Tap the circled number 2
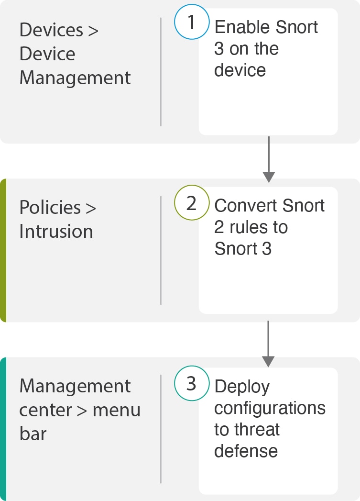coord(192,203)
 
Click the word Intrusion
coord(56,232)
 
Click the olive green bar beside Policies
coord(3,250)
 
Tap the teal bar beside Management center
coord(3,429)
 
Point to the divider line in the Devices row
coord(161,72)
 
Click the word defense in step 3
coord(246,451)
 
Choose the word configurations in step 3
coord(270,408)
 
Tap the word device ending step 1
coord(240,70)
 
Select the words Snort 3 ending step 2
coord(243,249)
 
